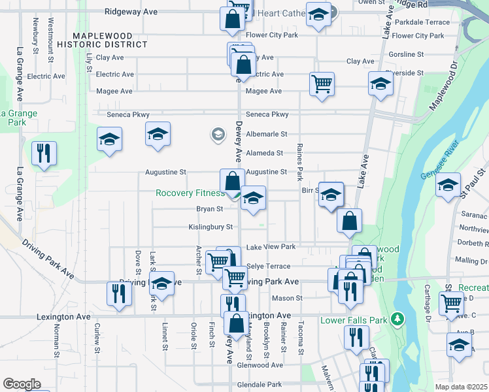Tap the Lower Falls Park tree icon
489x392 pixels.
396,319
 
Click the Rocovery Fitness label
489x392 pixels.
188,193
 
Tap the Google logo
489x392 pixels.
22,384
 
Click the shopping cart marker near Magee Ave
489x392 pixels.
322,84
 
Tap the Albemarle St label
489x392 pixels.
266,134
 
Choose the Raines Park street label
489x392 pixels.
300,162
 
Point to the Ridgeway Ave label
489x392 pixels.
131,12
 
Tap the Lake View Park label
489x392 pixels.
271,247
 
